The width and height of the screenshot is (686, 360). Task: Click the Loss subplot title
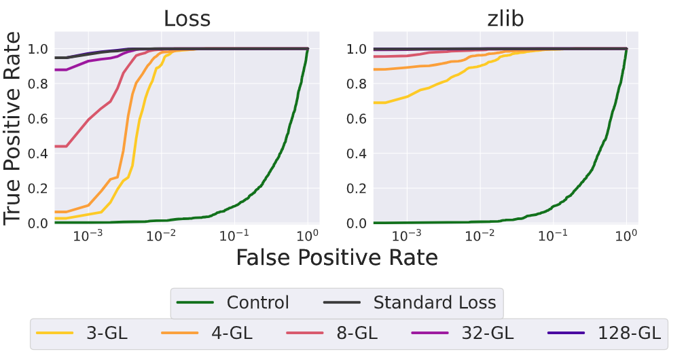(x=187, y=18)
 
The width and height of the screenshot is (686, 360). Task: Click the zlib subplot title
(x=505, y=18)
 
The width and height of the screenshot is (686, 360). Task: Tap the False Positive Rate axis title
(x=336, y=257)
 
